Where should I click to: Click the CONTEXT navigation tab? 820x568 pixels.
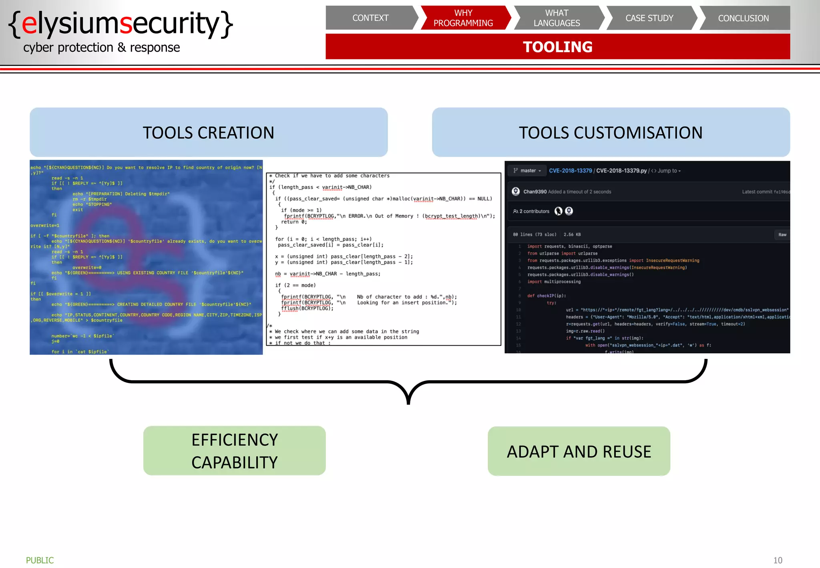click(370, 18)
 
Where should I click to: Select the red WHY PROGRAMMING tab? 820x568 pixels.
click(463, 18)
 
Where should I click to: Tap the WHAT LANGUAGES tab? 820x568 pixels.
click(557, 18)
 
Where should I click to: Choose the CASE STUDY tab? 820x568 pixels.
click(649, 18)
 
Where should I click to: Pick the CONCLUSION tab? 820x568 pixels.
click(744, 18)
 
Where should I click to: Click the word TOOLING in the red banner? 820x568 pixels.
click(558, 47)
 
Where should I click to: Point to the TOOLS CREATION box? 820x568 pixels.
click(209, 132)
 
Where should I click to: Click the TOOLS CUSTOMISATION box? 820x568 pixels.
click(611, 132)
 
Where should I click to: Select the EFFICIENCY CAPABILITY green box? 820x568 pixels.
click(234, 451)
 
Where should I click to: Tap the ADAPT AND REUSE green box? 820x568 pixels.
click(579, 451)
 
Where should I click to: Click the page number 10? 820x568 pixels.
click(778, 560)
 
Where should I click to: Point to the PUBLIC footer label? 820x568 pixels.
click(40, 560)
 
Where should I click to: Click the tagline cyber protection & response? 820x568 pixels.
click(102, 47)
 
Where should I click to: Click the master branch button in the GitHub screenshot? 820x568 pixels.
click(527, 171)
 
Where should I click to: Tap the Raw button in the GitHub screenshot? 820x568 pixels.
click(782, 235)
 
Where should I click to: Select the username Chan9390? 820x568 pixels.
click(535, 192)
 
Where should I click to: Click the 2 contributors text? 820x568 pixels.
click(534, 211)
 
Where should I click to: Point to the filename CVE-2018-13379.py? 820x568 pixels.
click(621, 171)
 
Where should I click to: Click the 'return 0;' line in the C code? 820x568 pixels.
click(294, 222)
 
